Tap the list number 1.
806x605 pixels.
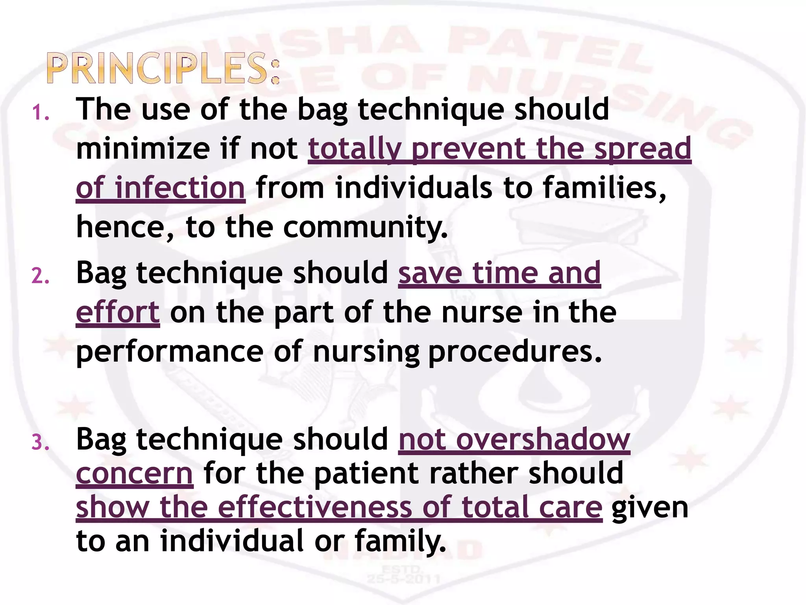41,113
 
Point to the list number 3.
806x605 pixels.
41,443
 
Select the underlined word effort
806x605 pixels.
118,312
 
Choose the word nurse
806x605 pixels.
482,312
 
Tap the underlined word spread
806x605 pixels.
643,148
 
